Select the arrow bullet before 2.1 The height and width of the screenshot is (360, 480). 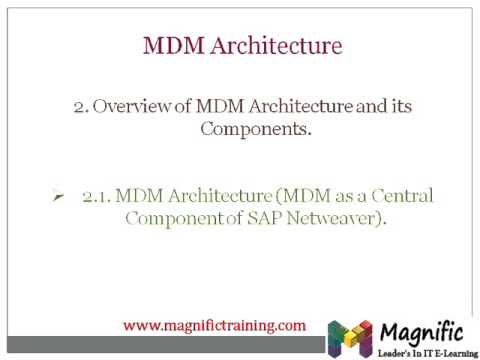click(59, 197)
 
